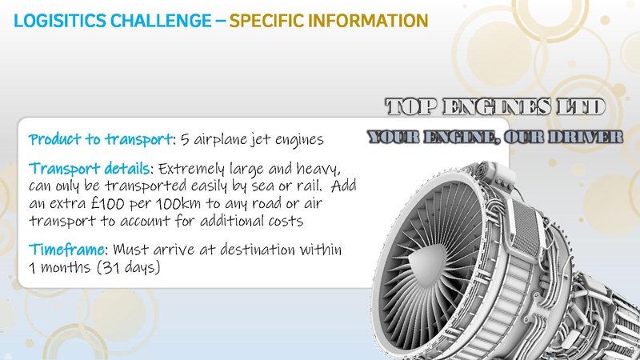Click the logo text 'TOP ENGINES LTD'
coord(495,107)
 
